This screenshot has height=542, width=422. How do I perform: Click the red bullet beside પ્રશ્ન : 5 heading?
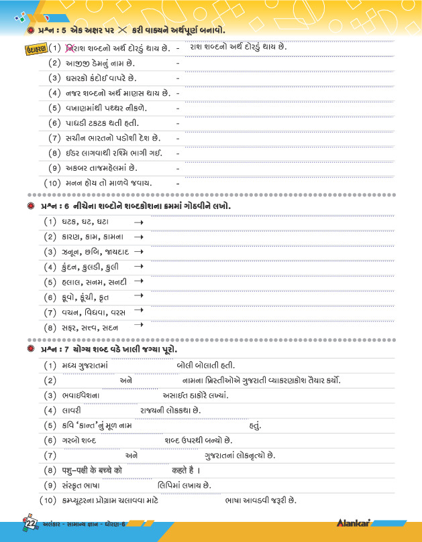pos(31,31)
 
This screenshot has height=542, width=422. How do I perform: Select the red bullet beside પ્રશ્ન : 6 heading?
pos(31,206)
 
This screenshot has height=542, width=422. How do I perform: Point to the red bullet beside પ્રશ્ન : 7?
pos(31,350)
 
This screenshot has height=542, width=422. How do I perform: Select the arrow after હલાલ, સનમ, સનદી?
pos(139,282)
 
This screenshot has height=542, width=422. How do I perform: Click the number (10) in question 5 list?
pos(52,183)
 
